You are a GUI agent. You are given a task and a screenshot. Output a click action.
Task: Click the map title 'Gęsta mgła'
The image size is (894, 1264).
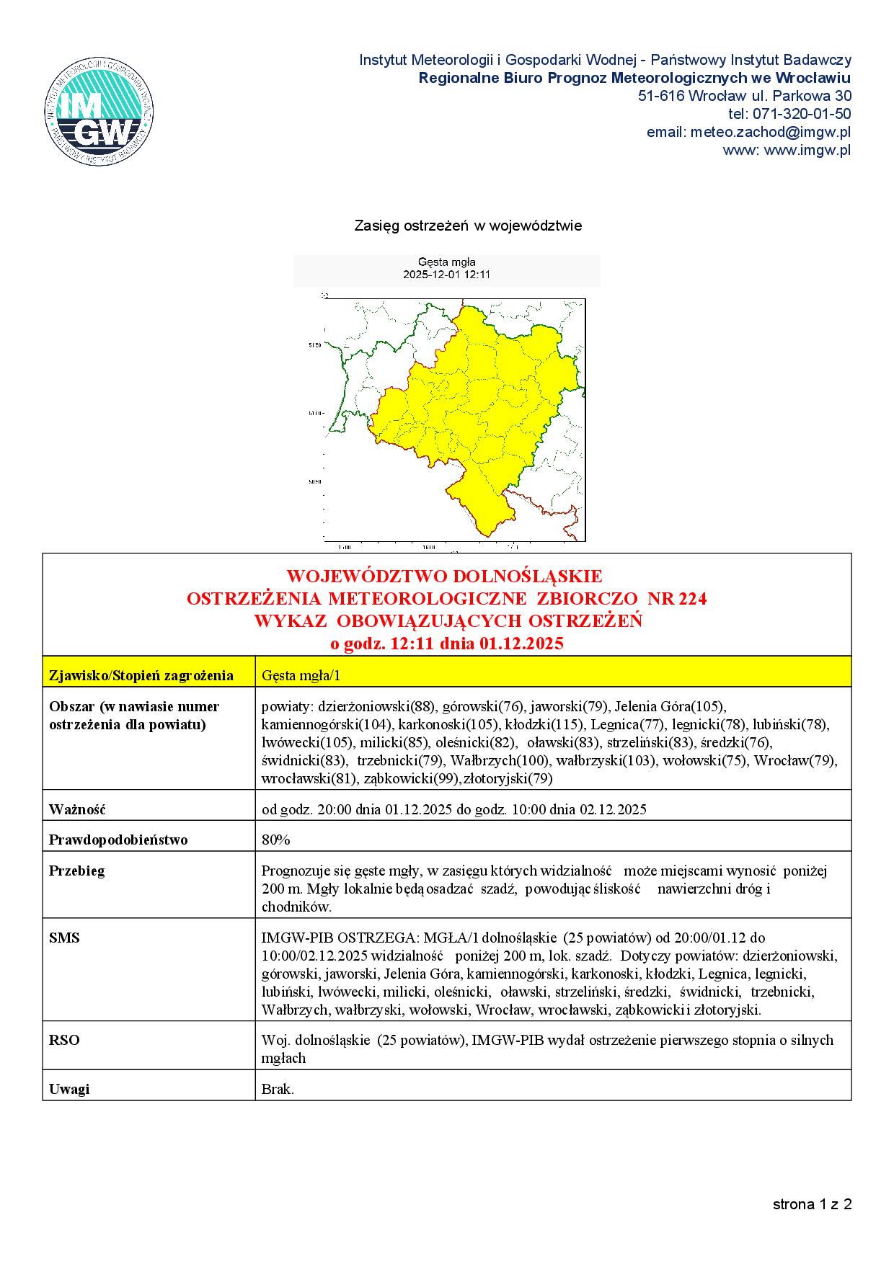tap(446, 262)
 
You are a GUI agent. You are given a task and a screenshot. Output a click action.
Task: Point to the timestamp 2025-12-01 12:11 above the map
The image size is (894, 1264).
tap(446, 275)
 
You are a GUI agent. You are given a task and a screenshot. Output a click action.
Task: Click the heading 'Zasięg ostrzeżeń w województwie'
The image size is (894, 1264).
tap(468, 226)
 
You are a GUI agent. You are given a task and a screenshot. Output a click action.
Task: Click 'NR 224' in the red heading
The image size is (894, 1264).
tap(677, 598)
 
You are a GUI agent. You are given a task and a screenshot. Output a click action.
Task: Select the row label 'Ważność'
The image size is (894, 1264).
tap(77, 809)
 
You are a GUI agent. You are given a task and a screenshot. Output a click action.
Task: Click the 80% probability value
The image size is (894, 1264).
tap(275, 840)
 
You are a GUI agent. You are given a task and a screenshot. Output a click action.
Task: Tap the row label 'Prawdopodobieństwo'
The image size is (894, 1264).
tap(118, 840)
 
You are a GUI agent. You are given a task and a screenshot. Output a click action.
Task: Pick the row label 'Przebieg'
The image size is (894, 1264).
tap(76, 871)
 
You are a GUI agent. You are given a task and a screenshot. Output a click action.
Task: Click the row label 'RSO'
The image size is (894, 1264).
tap(64, 1040)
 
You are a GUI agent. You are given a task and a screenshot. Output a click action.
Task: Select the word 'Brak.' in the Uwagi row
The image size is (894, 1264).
tap(278, 1089)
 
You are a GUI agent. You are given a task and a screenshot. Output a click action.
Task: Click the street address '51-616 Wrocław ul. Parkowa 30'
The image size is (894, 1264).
tap(744, 96)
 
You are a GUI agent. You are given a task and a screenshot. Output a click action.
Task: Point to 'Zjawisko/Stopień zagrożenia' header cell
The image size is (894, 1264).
tap(141, 675)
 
